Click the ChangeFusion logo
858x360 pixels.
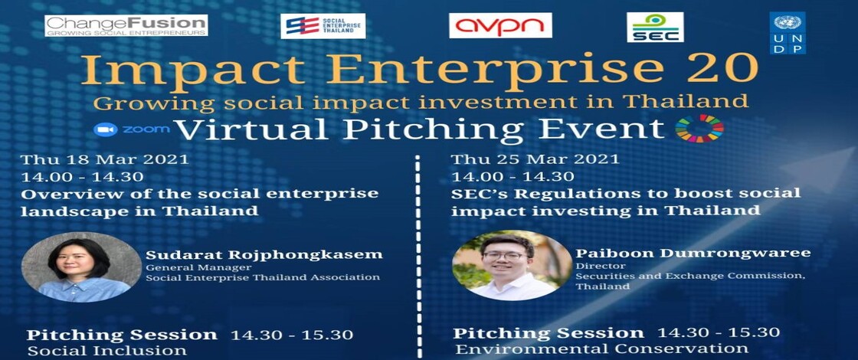126,25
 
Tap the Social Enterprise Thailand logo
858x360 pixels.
323,26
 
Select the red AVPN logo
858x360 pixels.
500,25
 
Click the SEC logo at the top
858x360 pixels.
655,28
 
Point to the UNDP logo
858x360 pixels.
788,33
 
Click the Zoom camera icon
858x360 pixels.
106,129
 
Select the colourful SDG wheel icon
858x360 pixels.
699,128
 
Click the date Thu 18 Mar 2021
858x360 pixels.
104,160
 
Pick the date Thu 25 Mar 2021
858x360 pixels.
535,160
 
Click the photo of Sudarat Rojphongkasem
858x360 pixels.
81,267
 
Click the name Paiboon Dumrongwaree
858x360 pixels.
693,254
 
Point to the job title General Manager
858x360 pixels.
191,267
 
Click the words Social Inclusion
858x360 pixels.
106,351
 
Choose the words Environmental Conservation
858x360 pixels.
602,349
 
